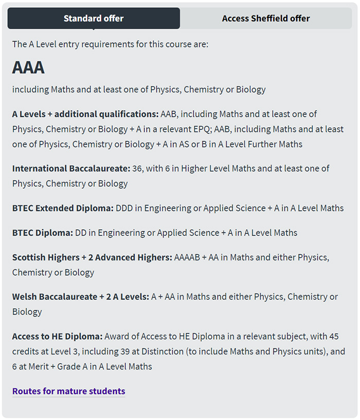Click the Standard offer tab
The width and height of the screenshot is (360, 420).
click(94, 19)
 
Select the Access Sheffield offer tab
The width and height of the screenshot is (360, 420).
click(266, 19)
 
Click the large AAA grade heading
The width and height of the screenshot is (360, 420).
click(28, 67)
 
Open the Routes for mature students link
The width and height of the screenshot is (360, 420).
click(68, 391)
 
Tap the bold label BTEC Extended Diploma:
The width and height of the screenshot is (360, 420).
click(63, 208)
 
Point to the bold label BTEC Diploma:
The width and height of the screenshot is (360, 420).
click(43, 233)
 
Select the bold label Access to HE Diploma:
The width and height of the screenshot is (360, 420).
click(58, 337)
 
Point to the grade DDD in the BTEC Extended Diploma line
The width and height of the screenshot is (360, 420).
click(125, 208)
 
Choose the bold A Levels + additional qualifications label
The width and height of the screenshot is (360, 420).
click(85, 114)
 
